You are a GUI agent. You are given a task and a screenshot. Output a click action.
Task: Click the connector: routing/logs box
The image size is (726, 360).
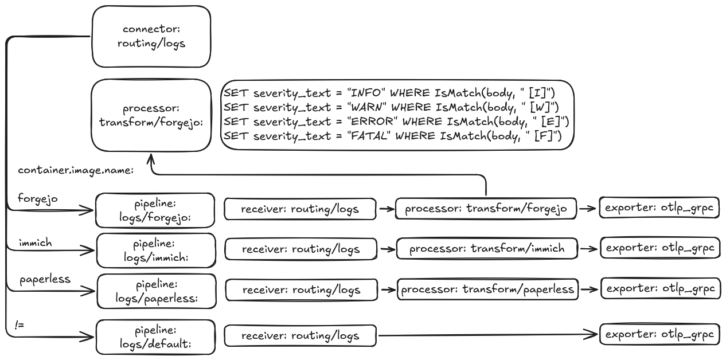(x=151, y=37)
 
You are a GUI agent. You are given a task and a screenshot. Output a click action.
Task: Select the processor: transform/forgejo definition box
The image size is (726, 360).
(x=151, y=115)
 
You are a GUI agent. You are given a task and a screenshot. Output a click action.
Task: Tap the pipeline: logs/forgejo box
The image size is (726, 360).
(x=155, y=210)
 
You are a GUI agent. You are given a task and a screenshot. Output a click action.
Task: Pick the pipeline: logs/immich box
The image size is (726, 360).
(x=156, y=250)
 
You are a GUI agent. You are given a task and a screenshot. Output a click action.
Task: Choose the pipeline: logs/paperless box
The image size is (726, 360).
(x=156, y=291)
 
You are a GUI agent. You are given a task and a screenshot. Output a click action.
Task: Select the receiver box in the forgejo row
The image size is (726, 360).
(x=300, y=209)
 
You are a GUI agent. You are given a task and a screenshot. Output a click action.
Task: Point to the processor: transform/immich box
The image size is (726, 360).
(x=487, y=249)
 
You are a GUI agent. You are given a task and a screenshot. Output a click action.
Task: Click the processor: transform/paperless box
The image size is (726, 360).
(x=487, y=289)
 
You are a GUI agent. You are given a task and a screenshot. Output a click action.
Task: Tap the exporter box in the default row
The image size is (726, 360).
(x=659, y=334)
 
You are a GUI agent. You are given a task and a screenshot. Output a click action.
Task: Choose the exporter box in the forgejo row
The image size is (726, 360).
(x=659, y=208)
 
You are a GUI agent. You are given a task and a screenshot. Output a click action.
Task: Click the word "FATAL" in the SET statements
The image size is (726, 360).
(x=371, y=136)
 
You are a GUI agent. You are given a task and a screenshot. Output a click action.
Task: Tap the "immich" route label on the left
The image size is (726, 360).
(x=35, y=243)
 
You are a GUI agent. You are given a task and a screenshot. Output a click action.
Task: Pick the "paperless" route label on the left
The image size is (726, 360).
(x=45, y=279)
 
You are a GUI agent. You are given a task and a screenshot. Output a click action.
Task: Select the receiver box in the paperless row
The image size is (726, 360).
(x=301, y=290)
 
